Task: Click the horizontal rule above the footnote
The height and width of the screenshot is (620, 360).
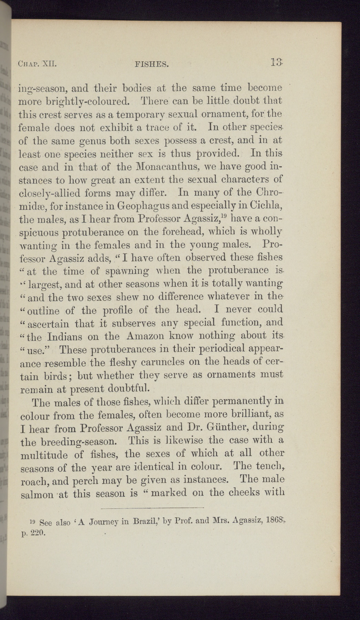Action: point(152,507)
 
